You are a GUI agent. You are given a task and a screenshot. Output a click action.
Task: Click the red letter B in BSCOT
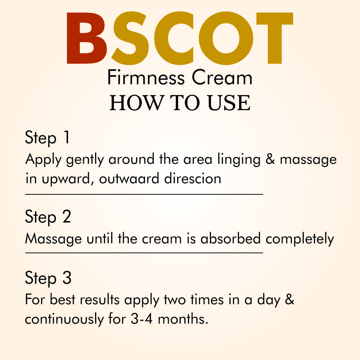[x=87, y=38]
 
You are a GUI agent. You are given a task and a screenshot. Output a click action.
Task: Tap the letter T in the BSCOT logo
[x=275, y=38]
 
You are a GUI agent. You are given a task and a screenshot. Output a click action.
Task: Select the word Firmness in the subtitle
[x=146, y=78]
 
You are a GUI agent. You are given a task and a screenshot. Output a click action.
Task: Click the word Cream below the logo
[x=222, y=78]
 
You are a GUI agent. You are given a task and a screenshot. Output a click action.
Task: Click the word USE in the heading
[x=229, y=103]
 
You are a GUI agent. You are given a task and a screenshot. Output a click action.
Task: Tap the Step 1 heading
[x=47, y=138]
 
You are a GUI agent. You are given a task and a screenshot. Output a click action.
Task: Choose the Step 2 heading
[x=48, y=217]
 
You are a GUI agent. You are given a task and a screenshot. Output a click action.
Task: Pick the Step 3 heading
[x=48, y=278]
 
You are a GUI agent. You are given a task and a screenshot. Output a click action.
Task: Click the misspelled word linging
[x=239, y=159]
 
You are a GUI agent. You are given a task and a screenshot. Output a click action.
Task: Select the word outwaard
[x=129, y=179]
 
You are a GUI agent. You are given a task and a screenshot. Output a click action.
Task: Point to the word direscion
[x=193, y=178]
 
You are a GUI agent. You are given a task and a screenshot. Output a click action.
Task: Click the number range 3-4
[x=141, y=319]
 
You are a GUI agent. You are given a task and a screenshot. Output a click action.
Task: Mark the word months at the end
[x=183, y=319]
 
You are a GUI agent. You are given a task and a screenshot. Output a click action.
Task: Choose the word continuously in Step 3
[x=64, y=319]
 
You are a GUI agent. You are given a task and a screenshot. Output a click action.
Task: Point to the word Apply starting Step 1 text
[x=44, y=159]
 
